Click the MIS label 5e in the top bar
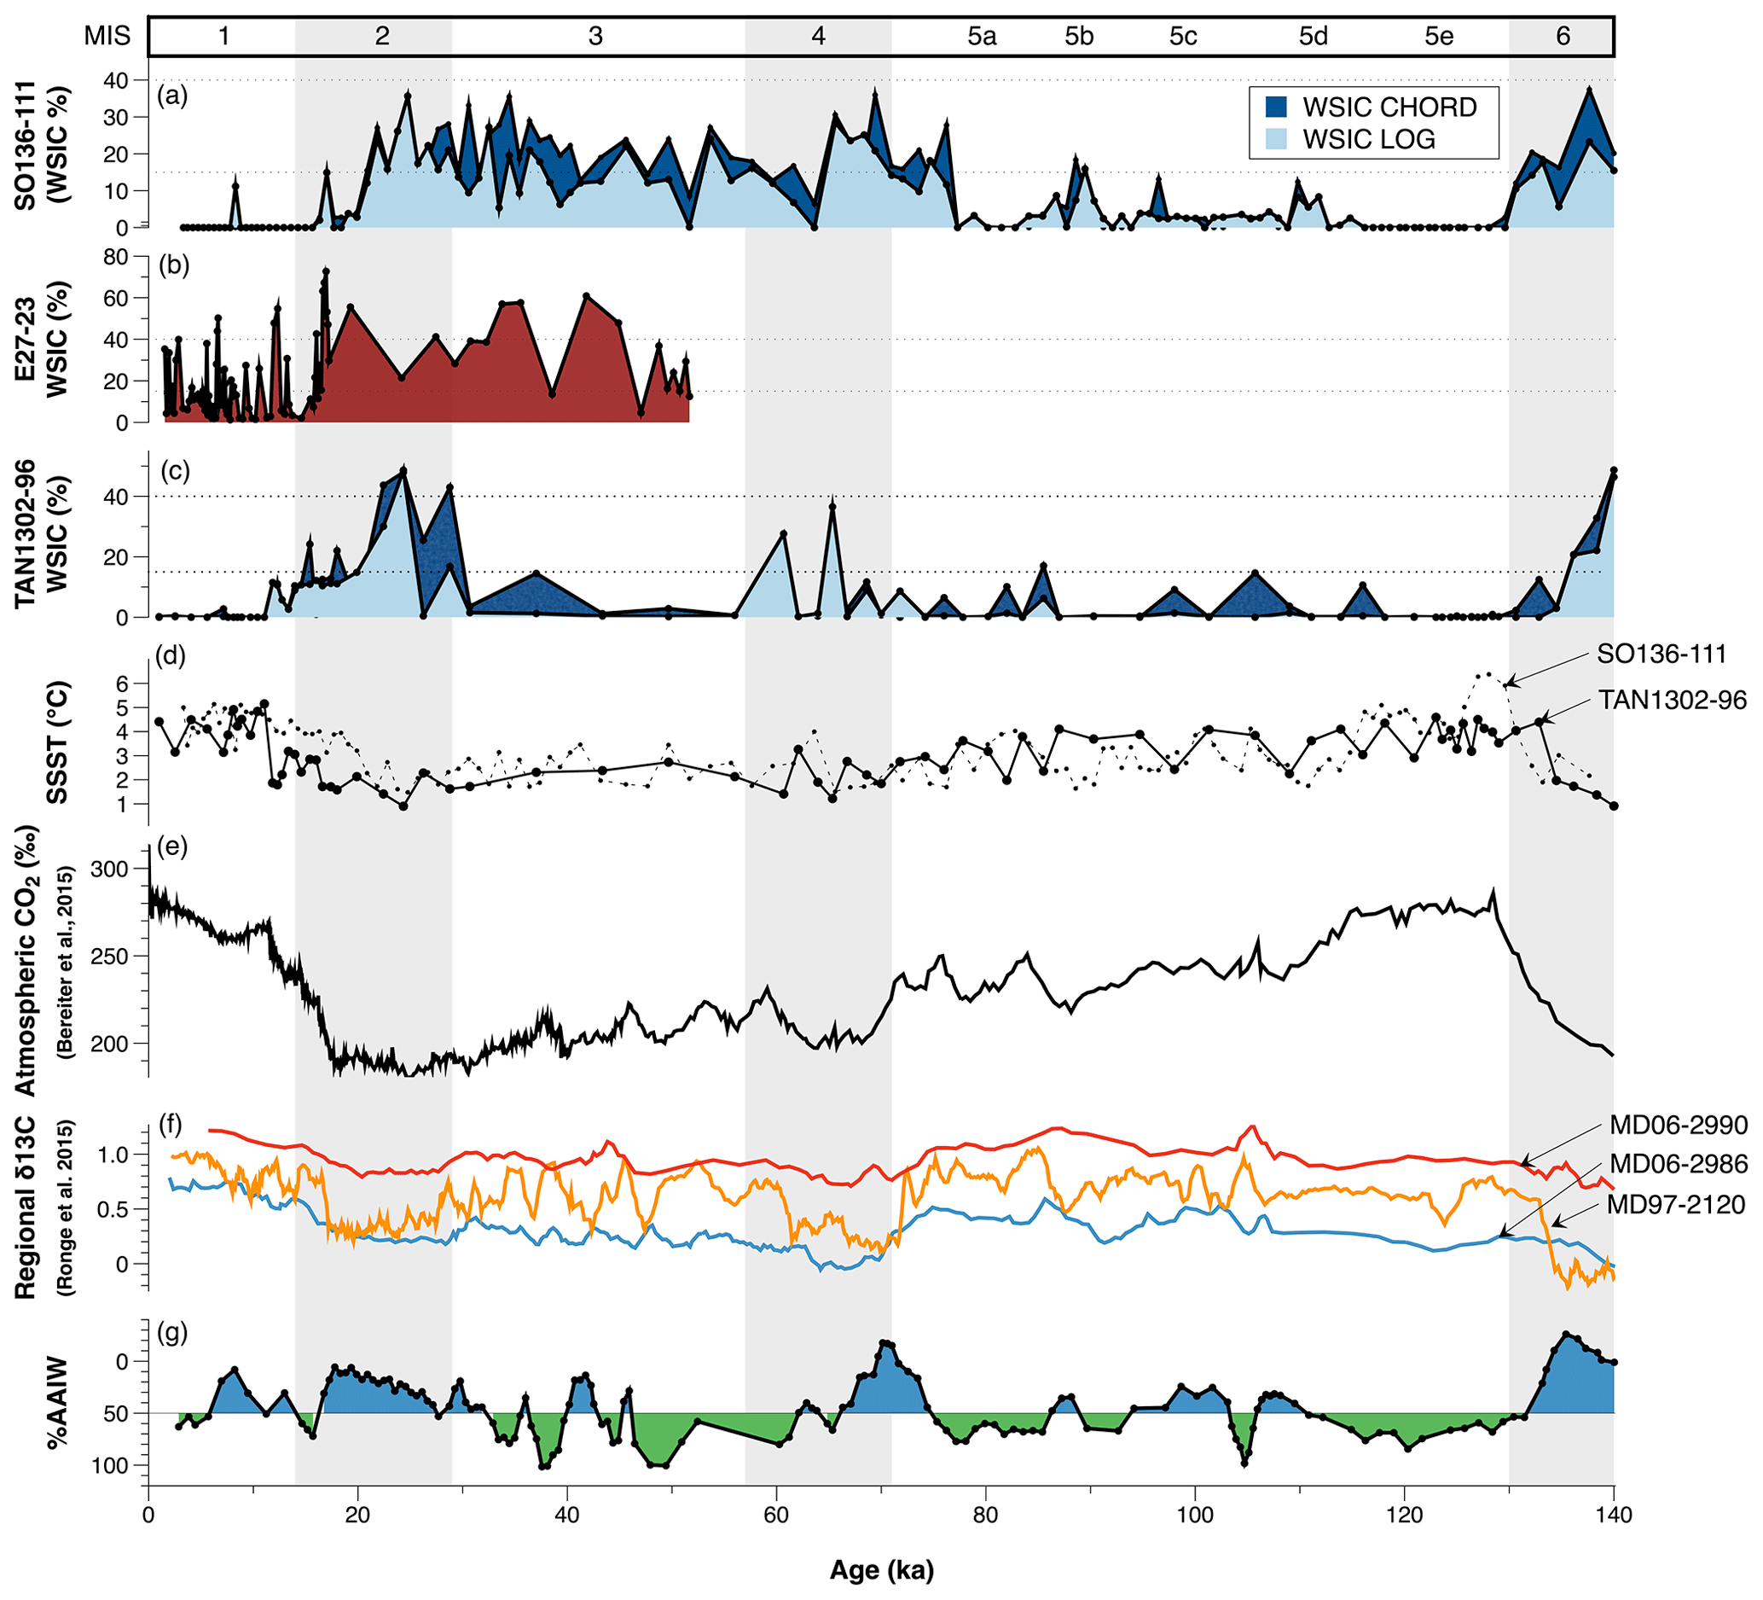click(x=1439, y=36)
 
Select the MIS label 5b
click(x=1079, y=36)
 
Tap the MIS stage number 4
click(x=818, y=36)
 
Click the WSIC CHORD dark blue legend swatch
click(x=1277, y=107)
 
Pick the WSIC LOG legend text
click(x=1369, y=139)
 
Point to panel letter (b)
click(x=173, y=265)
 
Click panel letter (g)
click(x=171, y=1334)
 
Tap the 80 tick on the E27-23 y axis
click(x=116, y=257)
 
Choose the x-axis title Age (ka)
click(x=882, y=1571)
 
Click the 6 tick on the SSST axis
click(x=123, y=683)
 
